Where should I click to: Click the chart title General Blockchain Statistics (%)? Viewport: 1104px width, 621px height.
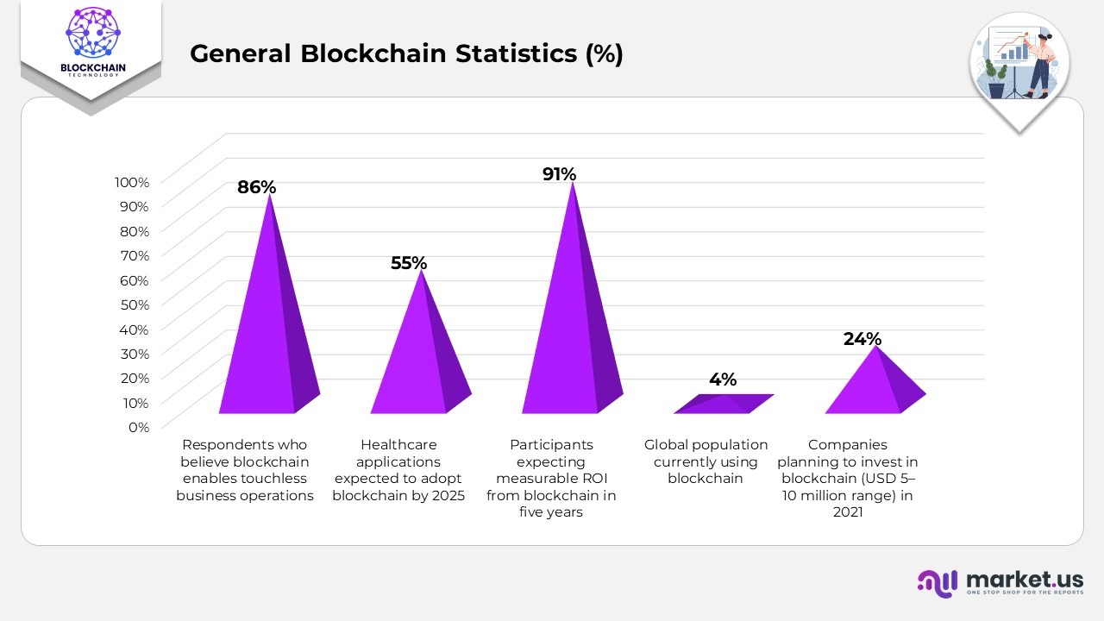tap(406, 53)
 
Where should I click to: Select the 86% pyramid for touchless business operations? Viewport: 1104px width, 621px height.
tap(268, 336)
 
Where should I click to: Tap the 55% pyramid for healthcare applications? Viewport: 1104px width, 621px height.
tap(419, 362)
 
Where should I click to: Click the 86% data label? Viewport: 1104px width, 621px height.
tap(257, 187)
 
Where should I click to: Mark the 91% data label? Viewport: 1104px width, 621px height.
tap(559, 174)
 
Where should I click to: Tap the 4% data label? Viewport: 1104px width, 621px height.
tap(723, 379)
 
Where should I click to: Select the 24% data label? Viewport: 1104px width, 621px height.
tap(862, 339)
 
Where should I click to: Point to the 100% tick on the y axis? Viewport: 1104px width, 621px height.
tap(132, 182)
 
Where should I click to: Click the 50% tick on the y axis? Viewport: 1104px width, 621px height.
tap(134, 304)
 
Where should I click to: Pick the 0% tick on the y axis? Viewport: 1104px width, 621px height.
tap(138, 427)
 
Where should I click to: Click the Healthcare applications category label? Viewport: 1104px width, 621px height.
tap(398, 470)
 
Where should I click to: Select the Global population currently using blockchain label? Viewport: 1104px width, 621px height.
tap(706, 461)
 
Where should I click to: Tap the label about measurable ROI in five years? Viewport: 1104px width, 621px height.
tap(551, 479)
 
